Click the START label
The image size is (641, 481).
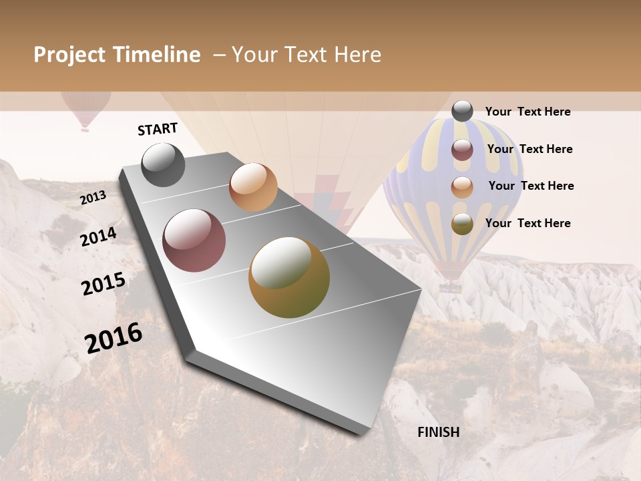coord(158,129)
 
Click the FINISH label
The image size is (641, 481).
coord(438,432)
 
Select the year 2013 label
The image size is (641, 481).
coord(93,197)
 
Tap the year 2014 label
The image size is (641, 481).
coord(99,236)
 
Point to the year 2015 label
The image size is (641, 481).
coord(103,284)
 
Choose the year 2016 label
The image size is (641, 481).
coord(114,337)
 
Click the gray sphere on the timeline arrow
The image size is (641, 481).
coord(164,164)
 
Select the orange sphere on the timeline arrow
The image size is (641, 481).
coord(253,187)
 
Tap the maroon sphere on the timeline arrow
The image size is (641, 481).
coord(194,240)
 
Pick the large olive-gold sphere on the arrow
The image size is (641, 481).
coord(289,277)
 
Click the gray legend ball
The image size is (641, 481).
coord(462,111)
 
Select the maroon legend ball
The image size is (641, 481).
coord(462,150)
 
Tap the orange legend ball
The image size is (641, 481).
coord(462,187)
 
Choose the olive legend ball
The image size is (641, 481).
coord(462,224)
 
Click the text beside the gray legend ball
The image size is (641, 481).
coord(527,112)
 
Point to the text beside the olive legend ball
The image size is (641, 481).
coord(527,223)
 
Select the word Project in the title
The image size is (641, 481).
coord(70,55)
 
